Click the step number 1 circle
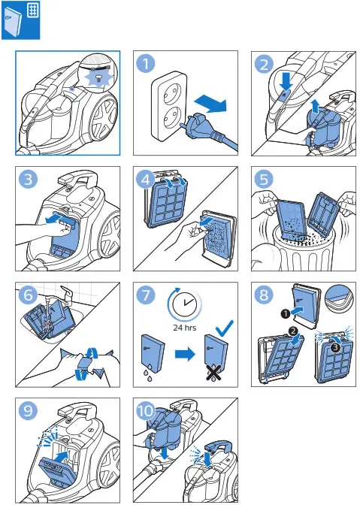click(x=146, y=63)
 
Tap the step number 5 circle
click(x=264, y=179)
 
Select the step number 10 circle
click(x=146, y=411)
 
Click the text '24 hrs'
click(x=184, y=328)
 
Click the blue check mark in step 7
click(x=224, y=328)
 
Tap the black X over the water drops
click(x=214, y=373)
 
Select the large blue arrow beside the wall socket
click(x=210, y=104)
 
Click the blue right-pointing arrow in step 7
click(x=185, y=354)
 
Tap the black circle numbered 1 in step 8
click(x=286, y=313)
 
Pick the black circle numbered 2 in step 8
click(x=293, y=331)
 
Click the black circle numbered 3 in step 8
click(x=335, y=348)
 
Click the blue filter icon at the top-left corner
click(x=21, y=20)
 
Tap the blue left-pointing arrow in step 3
click(x=59, y=219)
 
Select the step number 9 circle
click(x=29, y=411)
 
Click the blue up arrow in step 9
click(x=62, y=456)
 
